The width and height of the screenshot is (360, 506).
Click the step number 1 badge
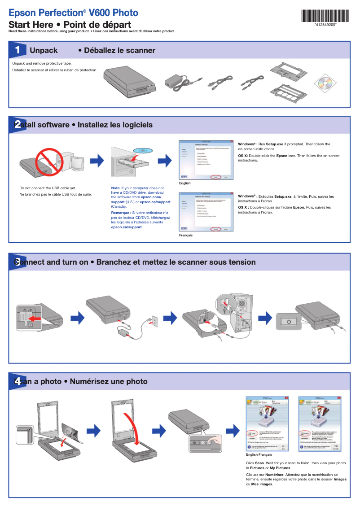(17, 49)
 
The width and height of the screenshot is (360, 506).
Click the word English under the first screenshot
(184, 183)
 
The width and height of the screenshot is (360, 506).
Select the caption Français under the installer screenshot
(185, 236)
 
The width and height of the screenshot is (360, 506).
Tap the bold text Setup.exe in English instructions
(274, 144)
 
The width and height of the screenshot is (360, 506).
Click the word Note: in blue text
(115, 188)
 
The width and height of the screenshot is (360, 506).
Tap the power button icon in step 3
(289, 322)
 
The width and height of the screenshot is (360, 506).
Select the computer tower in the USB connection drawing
(240, 314)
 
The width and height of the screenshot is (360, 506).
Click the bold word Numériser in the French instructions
(274, 474)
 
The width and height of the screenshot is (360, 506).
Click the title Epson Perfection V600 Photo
(74, 13)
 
